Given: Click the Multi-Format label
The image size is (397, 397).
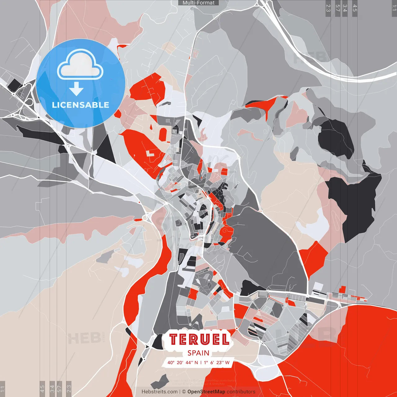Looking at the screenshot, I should [x=198, y=3].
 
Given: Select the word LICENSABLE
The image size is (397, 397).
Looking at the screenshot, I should [x=81, y=105].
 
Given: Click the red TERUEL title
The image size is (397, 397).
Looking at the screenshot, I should [x=199, y=339].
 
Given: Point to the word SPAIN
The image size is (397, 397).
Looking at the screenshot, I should [x=198, y=353].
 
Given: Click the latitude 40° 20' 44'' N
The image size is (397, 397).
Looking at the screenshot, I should [x=183, y=363].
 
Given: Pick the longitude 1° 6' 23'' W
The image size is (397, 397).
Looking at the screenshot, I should [x=216, y=363].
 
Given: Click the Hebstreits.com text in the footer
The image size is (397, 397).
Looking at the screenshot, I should [x=160, y=392].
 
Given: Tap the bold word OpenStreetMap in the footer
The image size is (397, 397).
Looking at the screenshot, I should [x=206, y=392].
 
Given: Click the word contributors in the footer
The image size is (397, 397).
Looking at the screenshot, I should [x=241, y=392].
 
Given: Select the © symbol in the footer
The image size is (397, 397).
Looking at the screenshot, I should [x=184, y=392].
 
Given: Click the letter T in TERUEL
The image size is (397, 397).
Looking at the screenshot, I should [x=174, y=339].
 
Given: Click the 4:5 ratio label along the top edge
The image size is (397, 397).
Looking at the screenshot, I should [x=355, y=8].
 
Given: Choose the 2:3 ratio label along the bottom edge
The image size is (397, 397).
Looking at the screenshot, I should [x=69, y=388].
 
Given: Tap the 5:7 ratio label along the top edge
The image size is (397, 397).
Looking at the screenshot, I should [x=337, y=8].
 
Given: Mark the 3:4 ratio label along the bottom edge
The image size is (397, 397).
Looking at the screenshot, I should [x=52, y=388].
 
